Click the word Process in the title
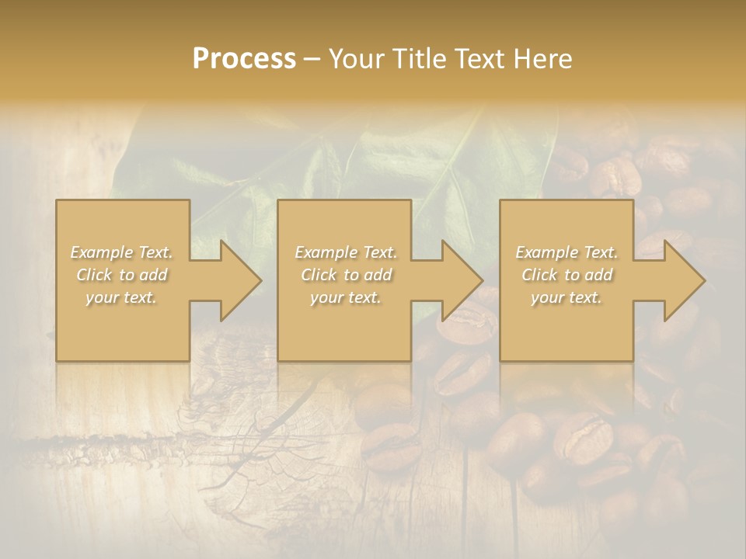click(x=244, y=59)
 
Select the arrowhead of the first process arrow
click(x=241, y=280)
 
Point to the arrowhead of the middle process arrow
click(x=462, y=280)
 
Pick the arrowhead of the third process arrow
click(x=685, y=280)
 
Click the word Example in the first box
click(x=101, y=252)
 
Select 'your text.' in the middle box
click(x=345, y=297)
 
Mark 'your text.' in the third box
click(x=566, y=297)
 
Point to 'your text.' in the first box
click(x=121, y=297)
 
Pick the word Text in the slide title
click(x=481, y=59)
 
